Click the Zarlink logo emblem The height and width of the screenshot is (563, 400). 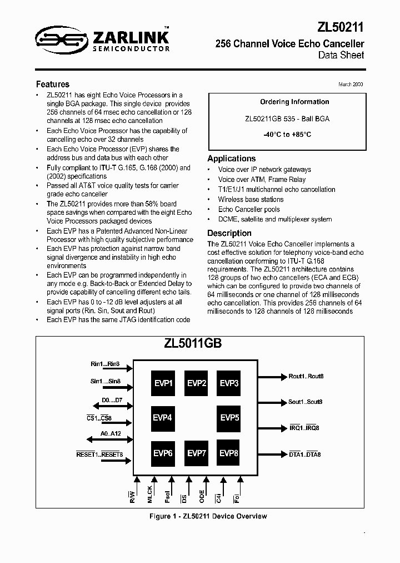(54, 37)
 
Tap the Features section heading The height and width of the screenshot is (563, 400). (52, 85)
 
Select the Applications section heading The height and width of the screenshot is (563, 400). (231, 159)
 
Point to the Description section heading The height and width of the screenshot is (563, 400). (229, 233)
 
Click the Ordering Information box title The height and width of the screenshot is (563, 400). (287, 102)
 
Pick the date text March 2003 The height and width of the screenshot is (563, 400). (351, 84)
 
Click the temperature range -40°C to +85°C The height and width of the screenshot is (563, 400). (287, 135)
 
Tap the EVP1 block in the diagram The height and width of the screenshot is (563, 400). (163, 383)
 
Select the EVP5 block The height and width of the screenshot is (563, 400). (229, 417)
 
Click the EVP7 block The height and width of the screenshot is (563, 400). (197, 453)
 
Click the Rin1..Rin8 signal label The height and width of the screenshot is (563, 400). (105, 364)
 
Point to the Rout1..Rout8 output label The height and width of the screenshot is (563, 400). (306, 376)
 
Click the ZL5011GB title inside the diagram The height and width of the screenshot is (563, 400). (193, 343)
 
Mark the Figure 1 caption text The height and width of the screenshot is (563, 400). (208, 516)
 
